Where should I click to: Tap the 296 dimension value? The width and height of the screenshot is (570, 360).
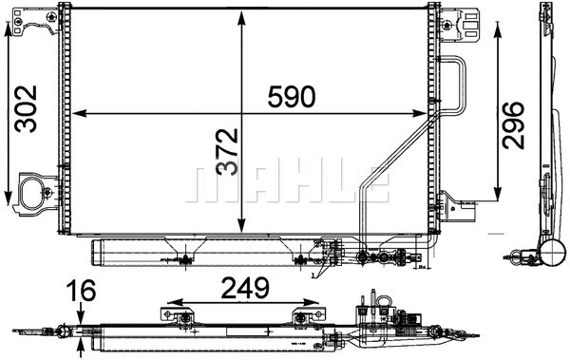(x=514, y=123)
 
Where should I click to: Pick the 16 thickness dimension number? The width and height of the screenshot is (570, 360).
(x=84, y=291)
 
